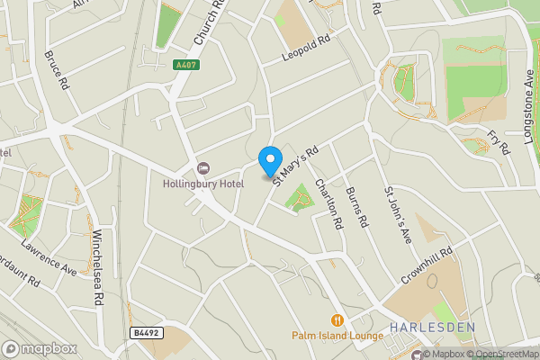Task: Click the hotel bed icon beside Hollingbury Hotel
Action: (x=203, y=168)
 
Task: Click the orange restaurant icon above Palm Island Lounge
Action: (x=337, y=319)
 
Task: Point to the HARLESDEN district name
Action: (x=431, y=327)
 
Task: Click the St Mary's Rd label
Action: (x=296, y=162)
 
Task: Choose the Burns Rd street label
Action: (x=357, y=206)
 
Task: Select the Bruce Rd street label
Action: (x=56, y=69)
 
